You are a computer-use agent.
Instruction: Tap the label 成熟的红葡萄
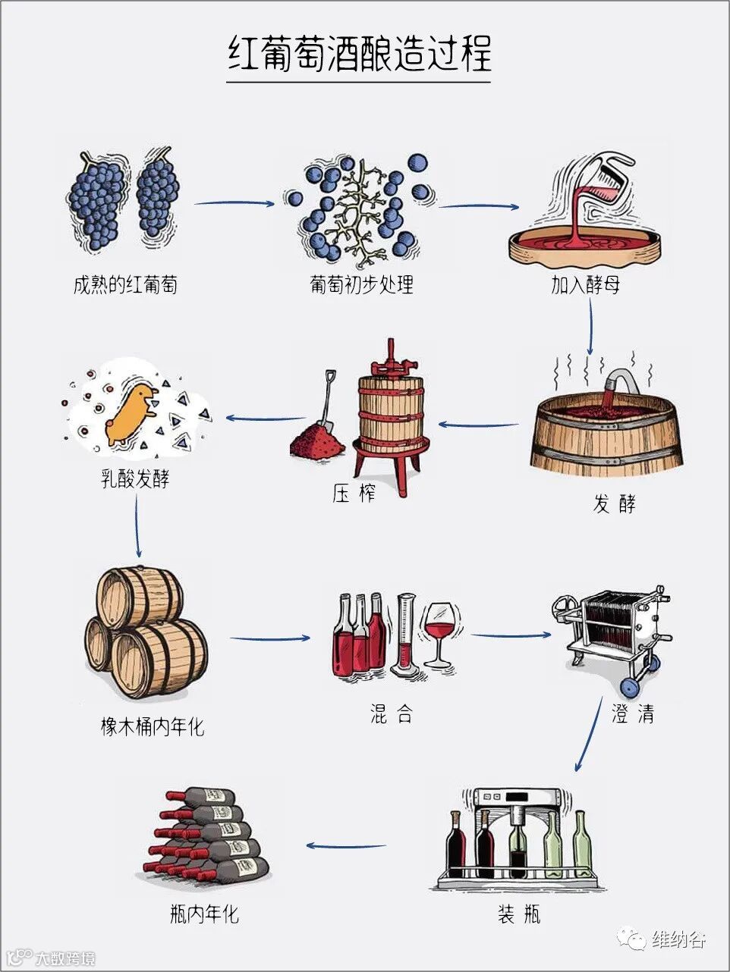point(125,285)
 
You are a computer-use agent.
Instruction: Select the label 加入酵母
point(585,285)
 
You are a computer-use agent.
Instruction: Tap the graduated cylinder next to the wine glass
point(406,635)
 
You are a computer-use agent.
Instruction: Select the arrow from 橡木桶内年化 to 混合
point(269,638)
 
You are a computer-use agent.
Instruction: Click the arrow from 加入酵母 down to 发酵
point(590,326)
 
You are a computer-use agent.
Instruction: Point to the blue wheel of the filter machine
point(629,687)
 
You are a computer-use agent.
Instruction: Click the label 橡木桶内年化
point(153,726)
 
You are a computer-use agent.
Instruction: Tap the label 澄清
point(632,713)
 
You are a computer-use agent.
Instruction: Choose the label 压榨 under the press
point(354,494)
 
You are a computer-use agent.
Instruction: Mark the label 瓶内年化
point(204,913)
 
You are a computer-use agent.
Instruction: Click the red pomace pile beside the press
point(317,441)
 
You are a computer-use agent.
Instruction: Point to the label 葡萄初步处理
point(361,285)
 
